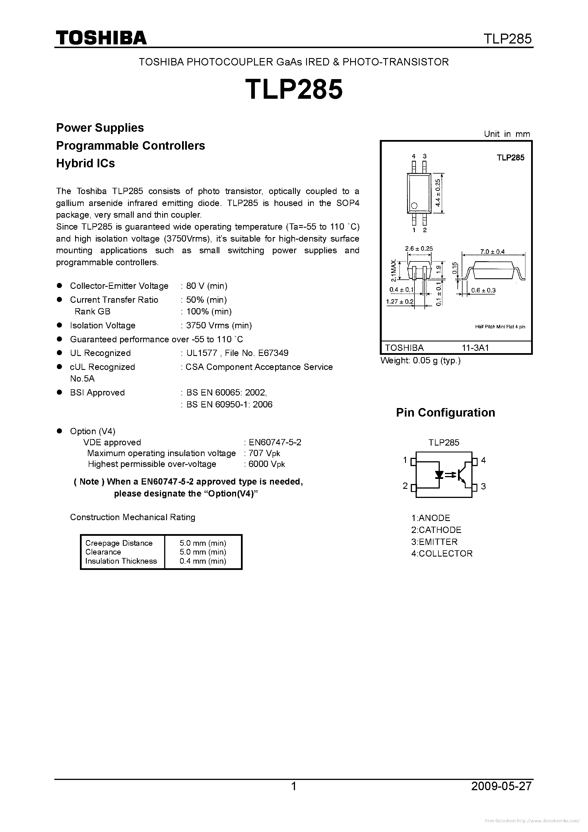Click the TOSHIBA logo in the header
pyautogui.click(x=101, y=38)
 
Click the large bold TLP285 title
pyautogui.click(x=294, y=90)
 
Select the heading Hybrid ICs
pyautogui.click(x=86, y=163)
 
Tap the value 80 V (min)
pyautogui.click(x=207, y=286)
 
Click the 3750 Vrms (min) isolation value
pyautogui.click(x=219, y=326)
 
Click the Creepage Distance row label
pyautogui.click(x=119, y=543)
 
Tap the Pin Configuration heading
pyautogui.click(x=445, y=413)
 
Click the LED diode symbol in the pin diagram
pyautogui.click(x=440, y=474)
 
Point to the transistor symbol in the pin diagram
pyautogui.click(x=462, y=475)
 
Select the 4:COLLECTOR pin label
pyautogui.click(x=441, y=553)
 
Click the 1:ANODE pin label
pyautogui.click(x=431, y=518)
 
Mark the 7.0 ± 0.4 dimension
pyautogui.click(x=492, y=252)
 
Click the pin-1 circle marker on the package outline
pyautogui.click(x=414, y=206)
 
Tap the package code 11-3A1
pyautogui.click(x=475, y=348)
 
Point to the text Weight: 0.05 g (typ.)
pyautogui.click(x=420, y=361)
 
